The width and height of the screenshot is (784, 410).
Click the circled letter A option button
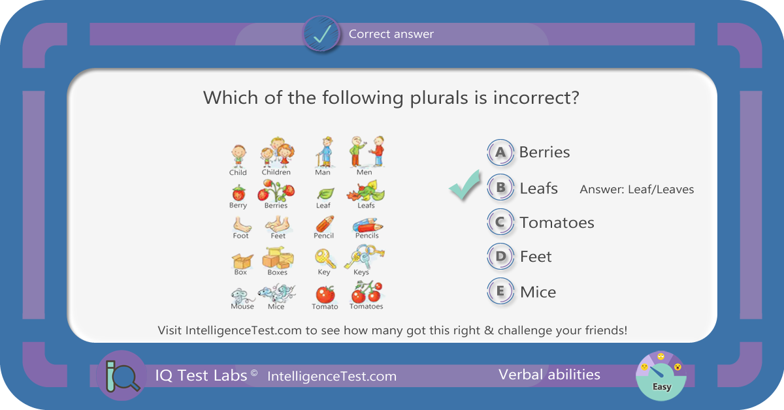click(500, 153)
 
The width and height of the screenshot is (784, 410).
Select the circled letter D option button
click(500, 257)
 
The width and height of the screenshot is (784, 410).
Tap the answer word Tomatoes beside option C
click(557, 223)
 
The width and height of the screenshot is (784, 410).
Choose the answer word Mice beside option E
click(538, 292)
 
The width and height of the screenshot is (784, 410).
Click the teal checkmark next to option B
click(465, 185)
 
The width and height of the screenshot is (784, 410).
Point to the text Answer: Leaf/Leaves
click(636, 189)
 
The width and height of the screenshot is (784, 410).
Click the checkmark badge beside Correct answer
click(321, 34)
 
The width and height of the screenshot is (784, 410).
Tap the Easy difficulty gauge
click(661, 376)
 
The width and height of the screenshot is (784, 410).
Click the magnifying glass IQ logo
click(122, 375)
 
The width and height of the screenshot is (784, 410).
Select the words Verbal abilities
click(549, 375)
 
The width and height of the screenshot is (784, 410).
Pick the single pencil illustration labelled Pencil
click(325, 224)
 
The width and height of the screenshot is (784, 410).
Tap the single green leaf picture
click(325, 193)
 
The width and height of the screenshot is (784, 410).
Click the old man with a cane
click(325, 152)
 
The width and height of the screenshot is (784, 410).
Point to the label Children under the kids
click(276, 172)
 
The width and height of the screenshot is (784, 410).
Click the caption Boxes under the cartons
click(277, 272)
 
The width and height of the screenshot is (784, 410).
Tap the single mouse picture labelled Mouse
click(241, 296)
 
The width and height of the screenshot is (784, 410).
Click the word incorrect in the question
click(536, 97)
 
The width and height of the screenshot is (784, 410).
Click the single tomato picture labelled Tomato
click(325, 294)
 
